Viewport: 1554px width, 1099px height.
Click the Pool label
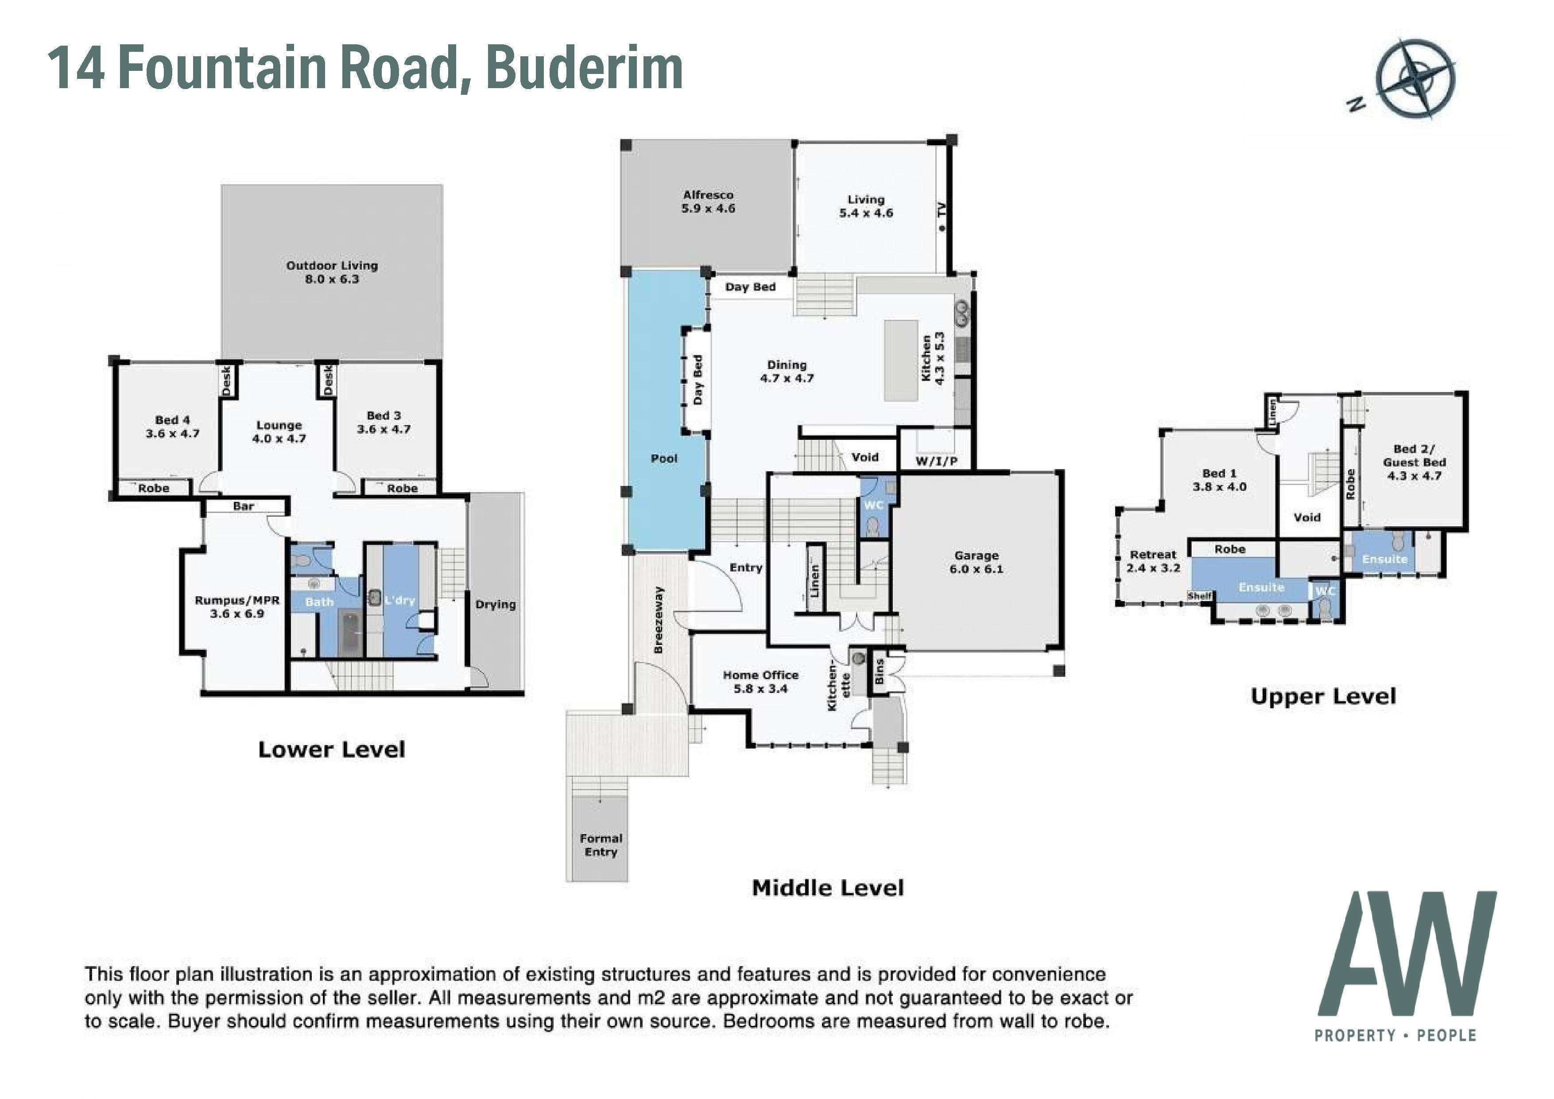click(x=664, y=458)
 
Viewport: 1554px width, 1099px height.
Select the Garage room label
click(x=976, y=562)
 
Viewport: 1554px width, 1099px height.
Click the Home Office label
click(x=761, y=682)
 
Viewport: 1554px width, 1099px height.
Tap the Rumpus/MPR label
click(x=237, y=607)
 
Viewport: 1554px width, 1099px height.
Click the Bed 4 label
click(x=173, y=427)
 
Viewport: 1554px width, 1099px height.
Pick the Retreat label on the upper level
click(x=1153, y=561)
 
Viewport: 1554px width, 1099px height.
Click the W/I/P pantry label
click(x=937, y=461)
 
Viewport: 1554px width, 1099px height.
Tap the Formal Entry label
click(x=601, y=845)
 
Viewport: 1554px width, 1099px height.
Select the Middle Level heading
click(x=828, y=888)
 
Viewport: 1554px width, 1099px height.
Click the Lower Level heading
click(x=332, y=749)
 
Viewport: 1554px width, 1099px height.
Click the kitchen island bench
click(x=901, y=360)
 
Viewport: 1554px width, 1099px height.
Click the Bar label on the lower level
click(x=244, y=506)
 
